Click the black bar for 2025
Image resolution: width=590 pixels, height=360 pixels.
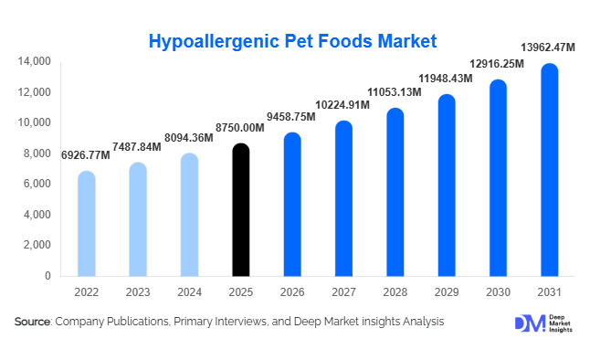pyautogui.click(x=239, y=210)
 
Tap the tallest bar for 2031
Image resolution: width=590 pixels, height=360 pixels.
pyautogui.click(x=548, y=170)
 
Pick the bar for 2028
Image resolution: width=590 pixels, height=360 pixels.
pyautogui.click(x=394, y=192)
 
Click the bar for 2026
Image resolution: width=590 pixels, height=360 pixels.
pyautogui.click(x=291, y=205)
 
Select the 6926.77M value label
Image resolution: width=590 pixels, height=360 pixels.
pyautogui.click(x=86, y=155)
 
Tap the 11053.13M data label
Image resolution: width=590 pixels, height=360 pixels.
pyautogui.click(x=395, y=92)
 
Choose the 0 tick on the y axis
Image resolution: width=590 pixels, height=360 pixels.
pyautogui.click(x=47, y=275)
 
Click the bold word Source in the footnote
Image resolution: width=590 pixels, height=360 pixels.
pyautogui.click(x=33, y=322)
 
